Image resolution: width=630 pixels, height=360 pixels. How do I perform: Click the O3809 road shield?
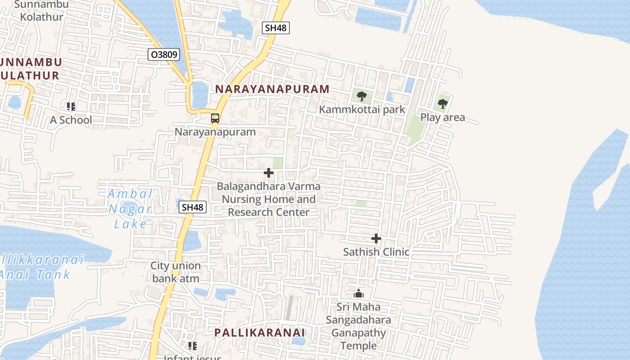point(164,55)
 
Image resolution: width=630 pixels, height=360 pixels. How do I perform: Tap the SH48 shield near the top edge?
point(275,28)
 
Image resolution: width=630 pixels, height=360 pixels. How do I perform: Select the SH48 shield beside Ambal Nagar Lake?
point(193,207)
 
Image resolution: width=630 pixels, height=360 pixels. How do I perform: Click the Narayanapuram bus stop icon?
point(215,118)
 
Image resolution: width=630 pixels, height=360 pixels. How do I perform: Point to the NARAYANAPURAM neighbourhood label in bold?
point(272,89)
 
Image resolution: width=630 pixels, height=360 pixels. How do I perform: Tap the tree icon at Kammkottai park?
point(361,96)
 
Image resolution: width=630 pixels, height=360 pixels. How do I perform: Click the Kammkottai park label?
point(362,109)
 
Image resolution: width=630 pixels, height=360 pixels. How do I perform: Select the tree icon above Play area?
point(443,104)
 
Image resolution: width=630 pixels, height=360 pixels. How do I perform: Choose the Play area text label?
point(442,117)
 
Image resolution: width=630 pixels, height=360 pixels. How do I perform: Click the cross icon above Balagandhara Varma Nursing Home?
point(269,173)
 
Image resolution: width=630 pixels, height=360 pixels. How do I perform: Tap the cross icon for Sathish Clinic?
point(376,238)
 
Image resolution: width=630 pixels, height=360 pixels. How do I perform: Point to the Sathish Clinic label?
point(376,252)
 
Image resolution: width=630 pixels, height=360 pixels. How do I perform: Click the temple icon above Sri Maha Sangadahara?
point(359,294)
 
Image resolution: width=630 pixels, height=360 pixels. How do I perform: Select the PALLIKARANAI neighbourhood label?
point(260,333)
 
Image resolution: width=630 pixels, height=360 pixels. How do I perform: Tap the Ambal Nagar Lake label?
point(130,209)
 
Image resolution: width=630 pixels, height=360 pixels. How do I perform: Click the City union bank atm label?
point(175,272)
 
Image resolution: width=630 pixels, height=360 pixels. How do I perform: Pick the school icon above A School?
point(71,107)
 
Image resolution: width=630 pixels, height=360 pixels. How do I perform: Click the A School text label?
point(71,120)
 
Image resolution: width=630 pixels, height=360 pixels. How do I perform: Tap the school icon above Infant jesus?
point(193,346)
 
